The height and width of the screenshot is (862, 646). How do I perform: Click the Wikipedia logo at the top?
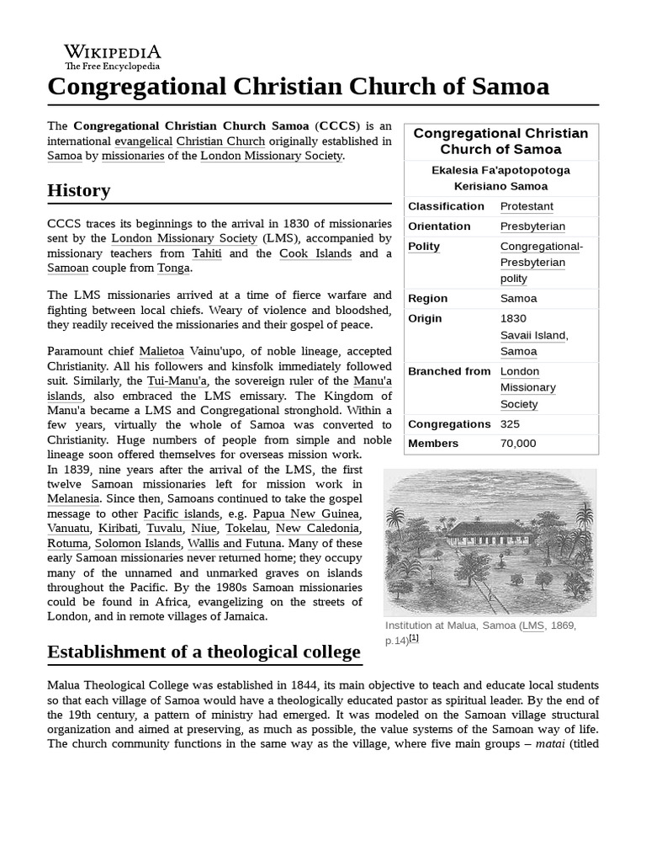click(112, 56)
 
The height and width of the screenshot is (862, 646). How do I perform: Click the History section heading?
click(78, 190)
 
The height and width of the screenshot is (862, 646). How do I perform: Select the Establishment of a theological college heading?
click(204, 652)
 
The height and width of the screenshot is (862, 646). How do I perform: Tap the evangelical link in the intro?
click(144, 141)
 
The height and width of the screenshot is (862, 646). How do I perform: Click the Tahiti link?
click(207, 253)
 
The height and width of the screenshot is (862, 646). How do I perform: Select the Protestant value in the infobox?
click(527, 206)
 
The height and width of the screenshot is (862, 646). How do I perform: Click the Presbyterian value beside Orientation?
click(532, 226)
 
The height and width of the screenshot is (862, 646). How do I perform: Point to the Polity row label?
click(424, 247)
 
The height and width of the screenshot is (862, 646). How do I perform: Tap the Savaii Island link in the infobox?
click(533, 335)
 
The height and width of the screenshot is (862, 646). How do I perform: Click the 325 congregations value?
click(511, 424)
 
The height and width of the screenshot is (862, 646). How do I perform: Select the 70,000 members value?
click(518, 444)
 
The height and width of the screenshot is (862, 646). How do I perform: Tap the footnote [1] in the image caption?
click(413, 639)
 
